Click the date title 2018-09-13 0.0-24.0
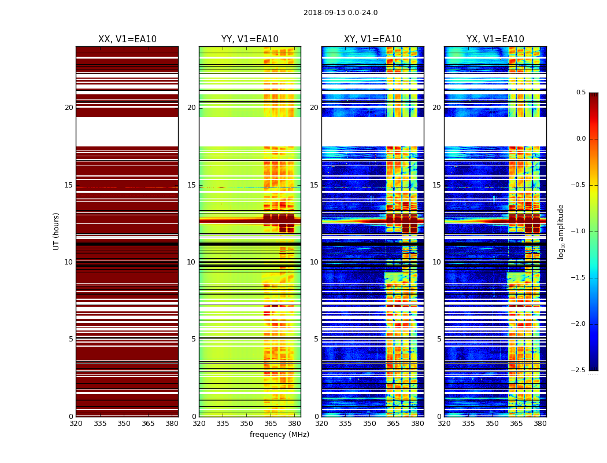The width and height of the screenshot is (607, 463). click(x=340, y=13)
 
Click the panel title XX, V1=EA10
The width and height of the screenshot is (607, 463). click(x=127, y=39)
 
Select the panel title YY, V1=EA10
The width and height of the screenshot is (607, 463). click(x=250, y=39)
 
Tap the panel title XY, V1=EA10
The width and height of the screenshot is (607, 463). click(x=373, y=39)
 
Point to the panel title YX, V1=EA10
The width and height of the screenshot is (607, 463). click(x=495, y=39)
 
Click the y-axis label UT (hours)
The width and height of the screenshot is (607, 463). click(x=57, y=231)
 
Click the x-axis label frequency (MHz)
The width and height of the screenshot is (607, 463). click(x=279, y=435)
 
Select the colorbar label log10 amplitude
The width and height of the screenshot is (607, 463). click(x=561, y=231)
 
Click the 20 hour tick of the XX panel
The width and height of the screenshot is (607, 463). click(x=69, y=108)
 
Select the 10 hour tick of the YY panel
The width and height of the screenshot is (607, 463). click(x=192, y=262)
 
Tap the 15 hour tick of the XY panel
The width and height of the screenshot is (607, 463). click(x=314, y=185)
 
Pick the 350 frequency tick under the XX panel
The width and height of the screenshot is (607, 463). click(x=124, y=424)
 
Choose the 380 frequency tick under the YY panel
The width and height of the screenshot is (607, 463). click(x=294, y=424)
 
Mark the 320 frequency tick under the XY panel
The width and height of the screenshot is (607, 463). click(x=322, y=424)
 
